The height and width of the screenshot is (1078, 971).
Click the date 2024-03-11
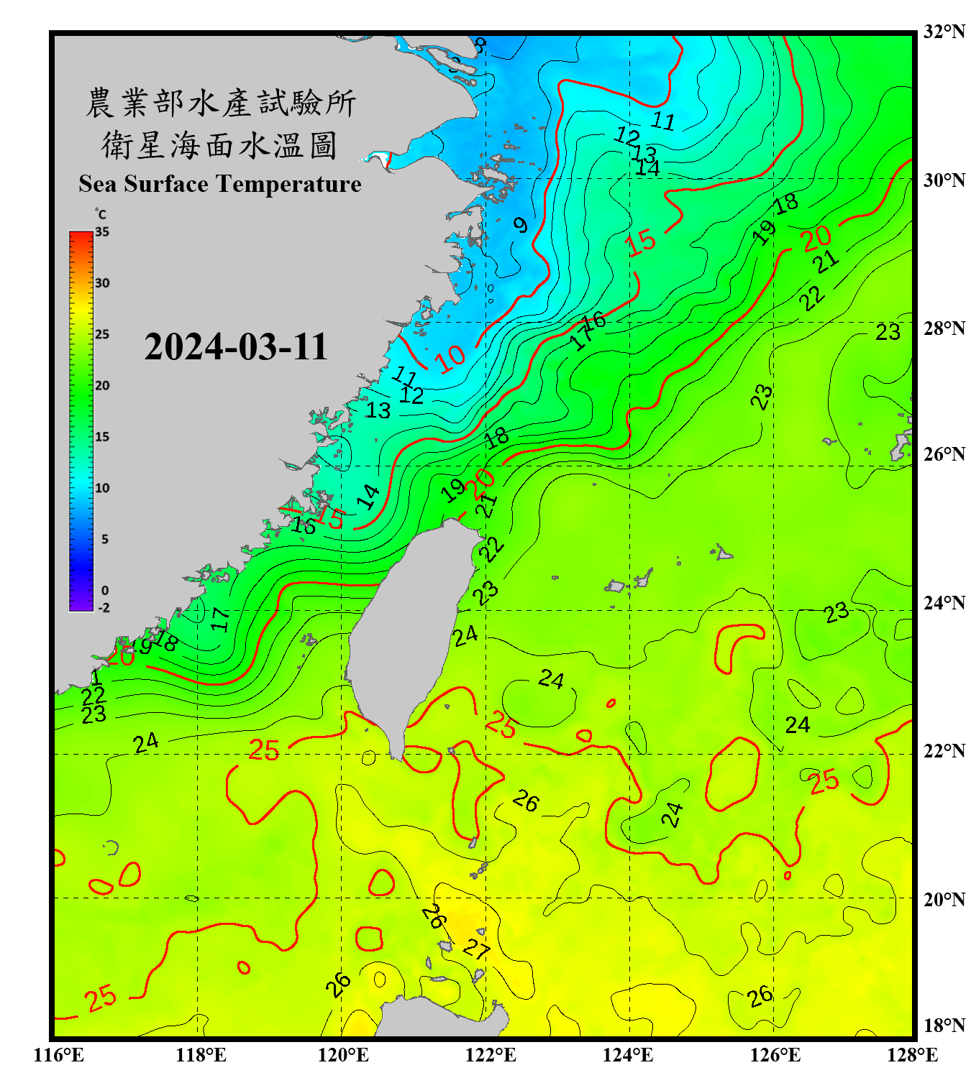(236, 346)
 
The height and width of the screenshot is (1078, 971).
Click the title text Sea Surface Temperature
(220, 184)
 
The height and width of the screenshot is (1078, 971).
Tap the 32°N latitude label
(944, 32)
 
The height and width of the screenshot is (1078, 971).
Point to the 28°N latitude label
(944, 328)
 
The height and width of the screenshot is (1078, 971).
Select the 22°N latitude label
(944, 751)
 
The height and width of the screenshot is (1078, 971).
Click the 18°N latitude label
(944, 1026)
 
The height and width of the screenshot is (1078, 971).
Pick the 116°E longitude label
(59, 1055)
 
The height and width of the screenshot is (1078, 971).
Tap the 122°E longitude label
(491, 1055)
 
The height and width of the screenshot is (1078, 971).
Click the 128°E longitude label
(912, 1055)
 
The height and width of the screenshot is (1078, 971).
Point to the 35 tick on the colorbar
(102, 232)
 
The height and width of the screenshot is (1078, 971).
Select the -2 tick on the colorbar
(104, 608)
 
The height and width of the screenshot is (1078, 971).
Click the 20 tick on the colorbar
(102, 386)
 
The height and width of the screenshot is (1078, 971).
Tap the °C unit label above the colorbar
(101, 214)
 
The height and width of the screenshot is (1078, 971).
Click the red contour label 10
(451, 358)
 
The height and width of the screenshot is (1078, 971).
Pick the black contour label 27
(475, 950)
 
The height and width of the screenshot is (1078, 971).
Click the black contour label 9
(520, 226)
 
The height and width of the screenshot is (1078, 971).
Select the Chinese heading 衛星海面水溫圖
(219, 145)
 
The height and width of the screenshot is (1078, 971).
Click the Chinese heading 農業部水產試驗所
(221, 103)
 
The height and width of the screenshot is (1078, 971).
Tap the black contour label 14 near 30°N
(647, 168)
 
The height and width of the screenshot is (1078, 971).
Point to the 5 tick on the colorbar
(104, 539)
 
